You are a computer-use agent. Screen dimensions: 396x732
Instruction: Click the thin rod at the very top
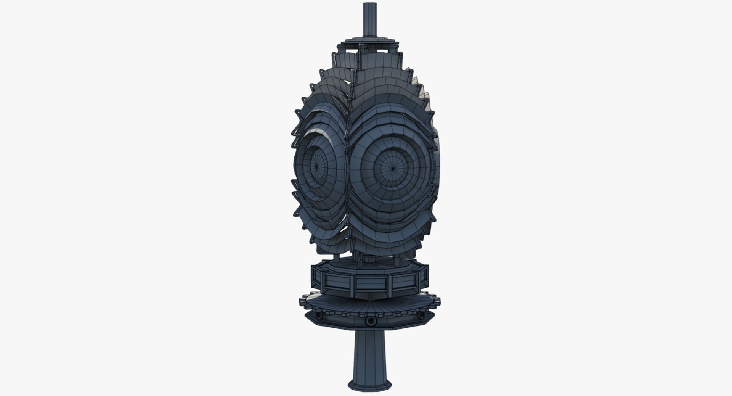pyautogui.click(x=369, y=19)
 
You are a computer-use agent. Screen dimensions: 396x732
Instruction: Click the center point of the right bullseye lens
pyautogui.click(x=393, y=167)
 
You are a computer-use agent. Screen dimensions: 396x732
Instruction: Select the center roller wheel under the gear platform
pyautogui.click(x=369, y=322)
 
